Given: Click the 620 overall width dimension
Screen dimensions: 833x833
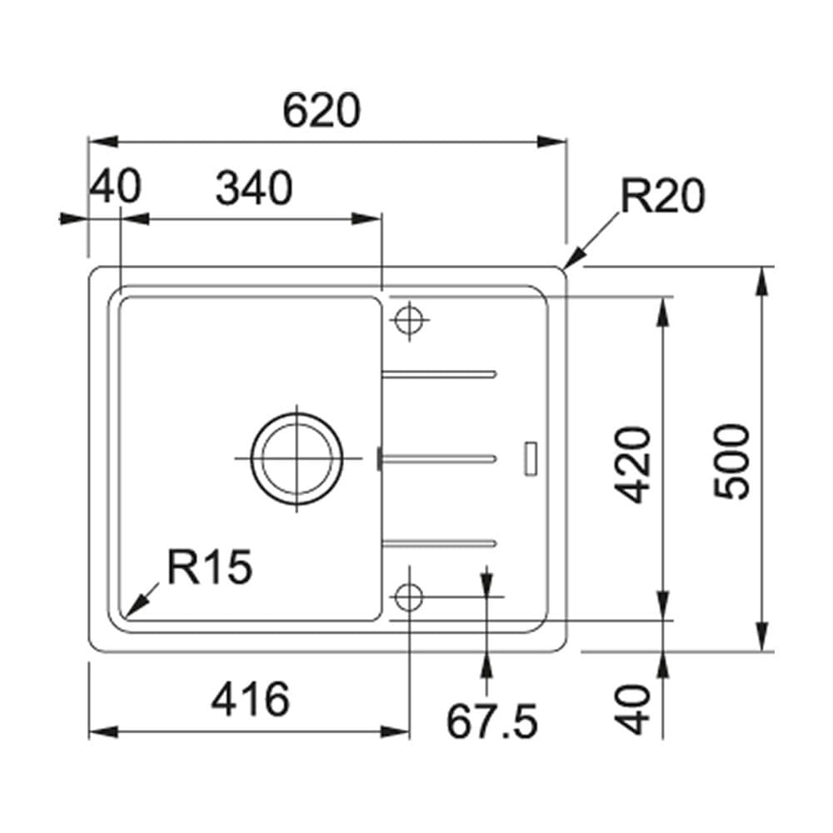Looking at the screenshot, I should click(x=321, y=112).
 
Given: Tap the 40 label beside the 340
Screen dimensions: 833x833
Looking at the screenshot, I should click(x=116, y=187).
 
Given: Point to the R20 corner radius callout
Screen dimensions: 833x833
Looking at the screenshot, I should click(x=663, y=197).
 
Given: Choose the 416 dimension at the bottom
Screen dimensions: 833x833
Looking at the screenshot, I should click(x=250, y=700).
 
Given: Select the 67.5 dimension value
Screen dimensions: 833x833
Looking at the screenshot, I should click(x=491, y=721).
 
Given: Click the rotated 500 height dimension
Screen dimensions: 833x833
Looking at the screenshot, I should click(x=734, y=461).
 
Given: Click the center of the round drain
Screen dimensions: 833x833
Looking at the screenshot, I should click(x=297, y=459).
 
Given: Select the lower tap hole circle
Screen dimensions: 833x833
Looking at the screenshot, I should click(x=409, y=597).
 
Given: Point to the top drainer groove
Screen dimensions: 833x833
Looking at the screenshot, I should click(x=439, y=372).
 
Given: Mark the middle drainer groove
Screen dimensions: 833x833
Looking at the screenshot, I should click(x=439, y=457).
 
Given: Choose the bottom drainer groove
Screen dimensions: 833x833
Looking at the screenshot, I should click(x=439, y=544).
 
